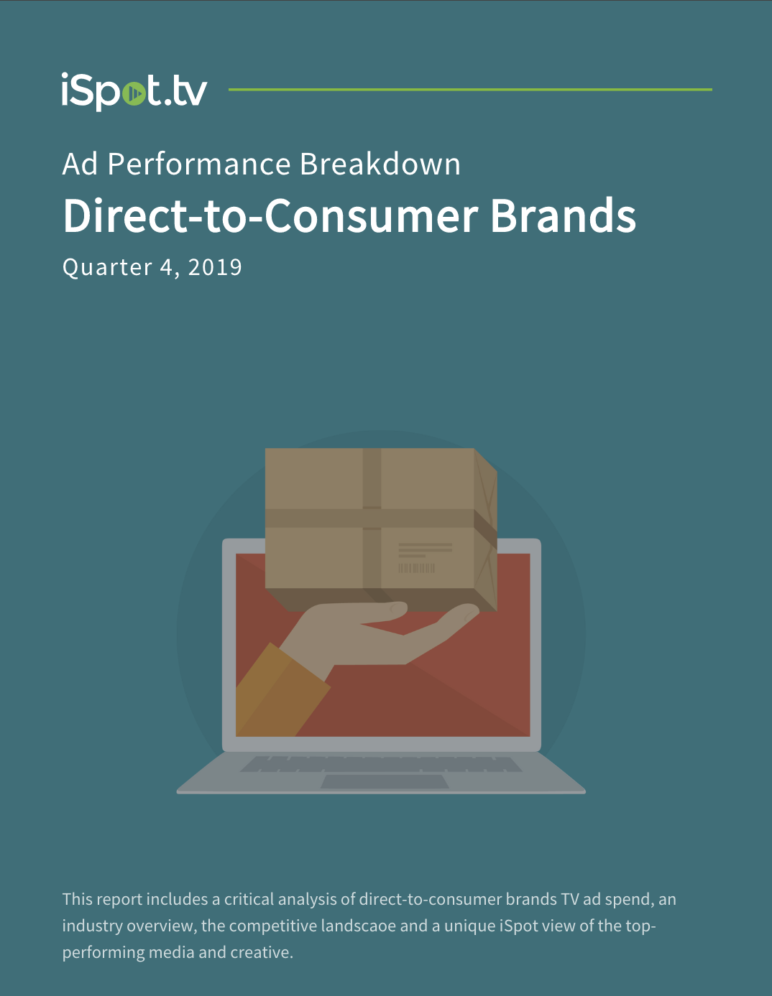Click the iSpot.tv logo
click(134, 92)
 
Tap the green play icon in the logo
click(134, 93)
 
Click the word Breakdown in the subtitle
click(380, 164)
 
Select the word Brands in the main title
click(564, 215)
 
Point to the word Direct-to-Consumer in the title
click(271, 215)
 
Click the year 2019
click(215, 266)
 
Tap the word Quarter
click(107, 267)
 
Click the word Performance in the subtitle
click(199, 164)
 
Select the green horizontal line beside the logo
click(470, 89)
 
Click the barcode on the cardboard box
click(416, 568)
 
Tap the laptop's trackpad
click(385, 781)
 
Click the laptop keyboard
click(381, 764)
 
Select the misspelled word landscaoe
click(358, 926)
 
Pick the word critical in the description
click(249, 899)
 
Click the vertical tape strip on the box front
click(372, 518)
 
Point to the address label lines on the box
click(426, 550)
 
